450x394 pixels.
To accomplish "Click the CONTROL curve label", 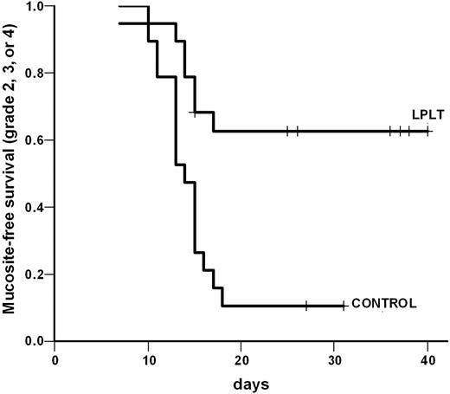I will [x=382, y=304].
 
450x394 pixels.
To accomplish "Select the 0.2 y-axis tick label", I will [x=35, y=275].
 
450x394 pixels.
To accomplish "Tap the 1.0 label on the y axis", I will [x=35, y=7].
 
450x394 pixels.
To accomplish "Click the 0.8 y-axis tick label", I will [x=35, y=74].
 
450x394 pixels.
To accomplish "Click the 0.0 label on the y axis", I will [x=35, y=341].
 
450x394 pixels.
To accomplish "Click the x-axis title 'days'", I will [x=241, y=382].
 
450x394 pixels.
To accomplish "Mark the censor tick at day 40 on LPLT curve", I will [x=427, y=131].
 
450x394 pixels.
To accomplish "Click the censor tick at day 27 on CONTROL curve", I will [x=306, y=305].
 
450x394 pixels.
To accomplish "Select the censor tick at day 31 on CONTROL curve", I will [x=344, y=305].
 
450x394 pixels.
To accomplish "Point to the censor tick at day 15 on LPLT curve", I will [x=195, y=113].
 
